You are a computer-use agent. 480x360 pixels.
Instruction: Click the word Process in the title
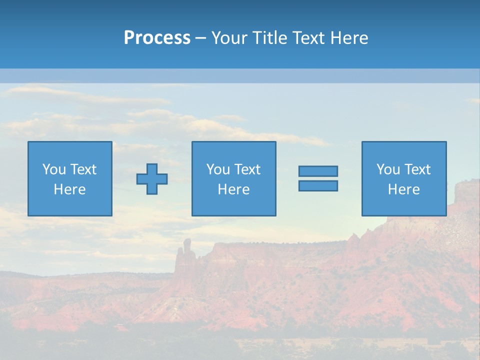click(x=157, y=38)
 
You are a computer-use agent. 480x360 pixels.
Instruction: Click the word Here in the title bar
click(x=349, y=38)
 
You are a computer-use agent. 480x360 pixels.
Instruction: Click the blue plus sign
click(x=152, y=179)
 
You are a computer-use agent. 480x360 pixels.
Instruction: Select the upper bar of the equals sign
click(x=318, y=171)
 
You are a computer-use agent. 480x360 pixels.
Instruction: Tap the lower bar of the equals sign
click(x=318, y=185)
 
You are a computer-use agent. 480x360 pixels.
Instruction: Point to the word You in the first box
click(x=53, y=169)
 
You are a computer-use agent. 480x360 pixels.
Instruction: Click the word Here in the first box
click(x=70, y=189)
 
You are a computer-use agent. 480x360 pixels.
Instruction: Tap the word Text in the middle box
click(x=247, y=169)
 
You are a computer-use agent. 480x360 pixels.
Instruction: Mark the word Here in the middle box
click(x=234, y=189)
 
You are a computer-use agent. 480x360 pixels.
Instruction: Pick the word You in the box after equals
click(x=387, y=169)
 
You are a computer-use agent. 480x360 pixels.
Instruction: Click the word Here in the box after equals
click(x=404, y=189)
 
